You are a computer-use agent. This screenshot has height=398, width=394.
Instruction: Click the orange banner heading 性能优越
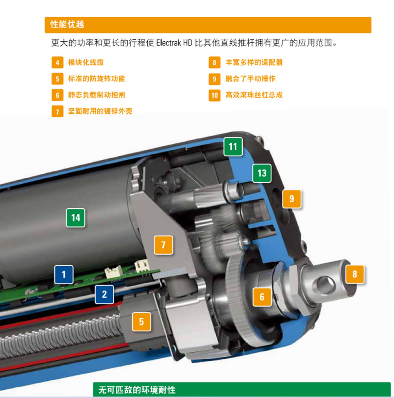[x=67, y=24]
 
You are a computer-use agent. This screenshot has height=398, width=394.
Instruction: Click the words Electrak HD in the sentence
[x=174, y=43]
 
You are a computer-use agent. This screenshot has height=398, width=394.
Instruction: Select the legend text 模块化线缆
[x=86, y=63]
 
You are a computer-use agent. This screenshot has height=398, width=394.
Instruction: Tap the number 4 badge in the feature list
[x=58, y=63]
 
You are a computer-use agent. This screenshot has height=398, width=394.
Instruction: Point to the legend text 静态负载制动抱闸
[x=97, y=95]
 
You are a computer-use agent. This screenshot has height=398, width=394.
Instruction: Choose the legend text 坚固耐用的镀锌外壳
[x=100, y=111]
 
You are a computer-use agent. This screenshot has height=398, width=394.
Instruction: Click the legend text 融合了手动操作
[x=251, y=79]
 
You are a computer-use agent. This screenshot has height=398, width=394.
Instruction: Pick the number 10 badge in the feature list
[x=215, y=95]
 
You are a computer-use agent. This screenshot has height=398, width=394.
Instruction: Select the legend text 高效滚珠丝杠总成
[x=254, y=95]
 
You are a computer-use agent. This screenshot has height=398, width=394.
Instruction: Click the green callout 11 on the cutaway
[x=233, y=147]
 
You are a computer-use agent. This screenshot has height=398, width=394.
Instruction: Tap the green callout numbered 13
[x=262, y=173]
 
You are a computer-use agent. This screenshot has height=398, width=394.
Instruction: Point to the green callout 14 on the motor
[x=76, y=218]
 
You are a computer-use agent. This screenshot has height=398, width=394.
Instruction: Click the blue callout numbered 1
[x=64, y=274]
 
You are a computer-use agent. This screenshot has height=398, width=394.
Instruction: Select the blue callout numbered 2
[x=104, y=294]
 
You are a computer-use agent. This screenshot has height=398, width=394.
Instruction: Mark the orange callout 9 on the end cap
[x=292, y=199]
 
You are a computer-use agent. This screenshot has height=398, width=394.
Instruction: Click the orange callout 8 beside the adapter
[x=355, y=274]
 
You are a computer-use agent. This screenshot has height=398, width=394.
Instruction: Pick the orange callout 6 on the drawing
[x=262, y=297]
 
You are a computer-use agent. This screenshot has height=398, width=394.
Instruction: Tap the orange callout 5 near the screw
[x=142, y=322]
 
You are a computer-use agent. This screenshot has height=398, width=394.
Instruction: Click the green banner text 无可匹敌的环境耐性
[x=137, y=390]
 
